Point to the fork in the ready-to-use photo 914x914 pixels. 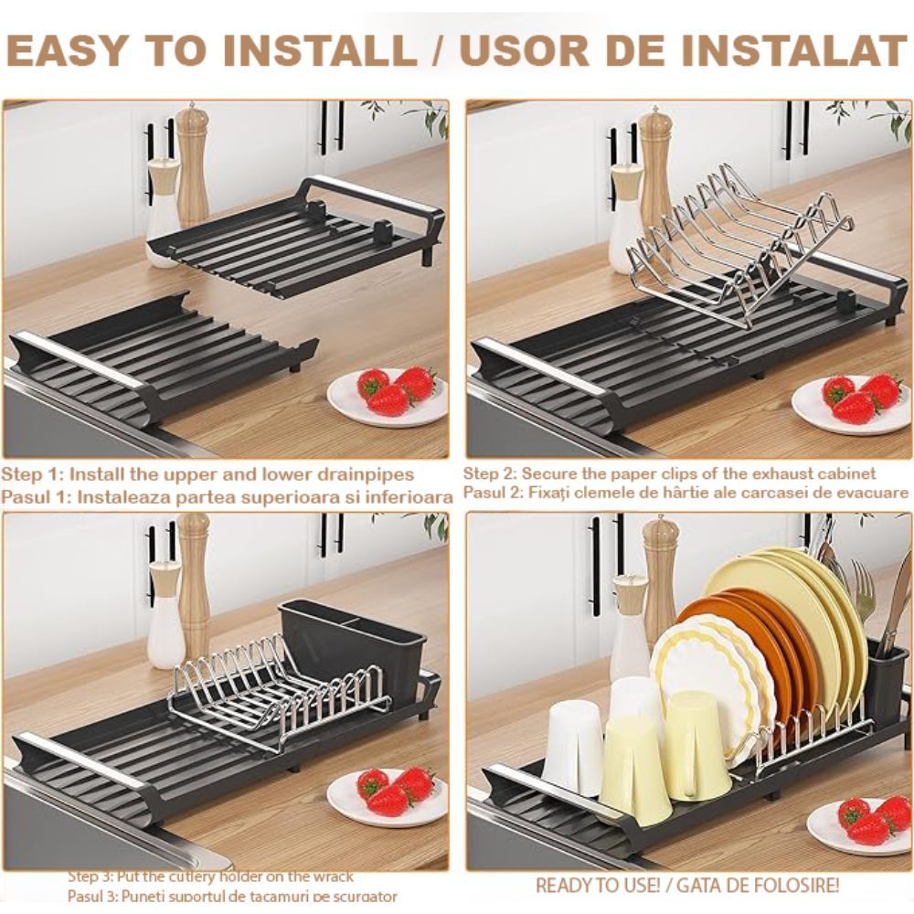[x=864, y=589]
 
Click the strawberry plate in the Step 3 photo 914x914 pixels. [x=388, y=793]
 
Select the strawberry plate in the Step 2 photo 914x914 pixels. [x=852, y=401]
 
